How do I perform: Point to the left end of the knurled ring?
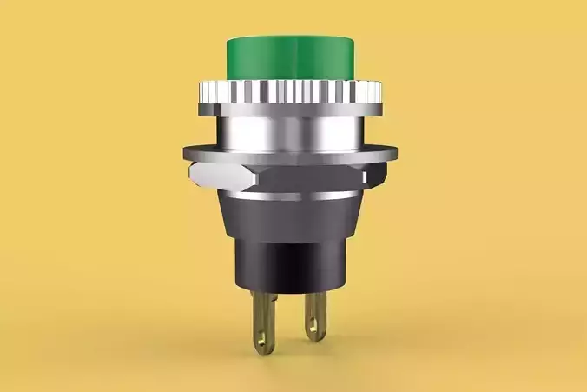(x=201, y=90)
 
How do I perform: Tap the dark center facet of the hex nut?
(x=304, y=178)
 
